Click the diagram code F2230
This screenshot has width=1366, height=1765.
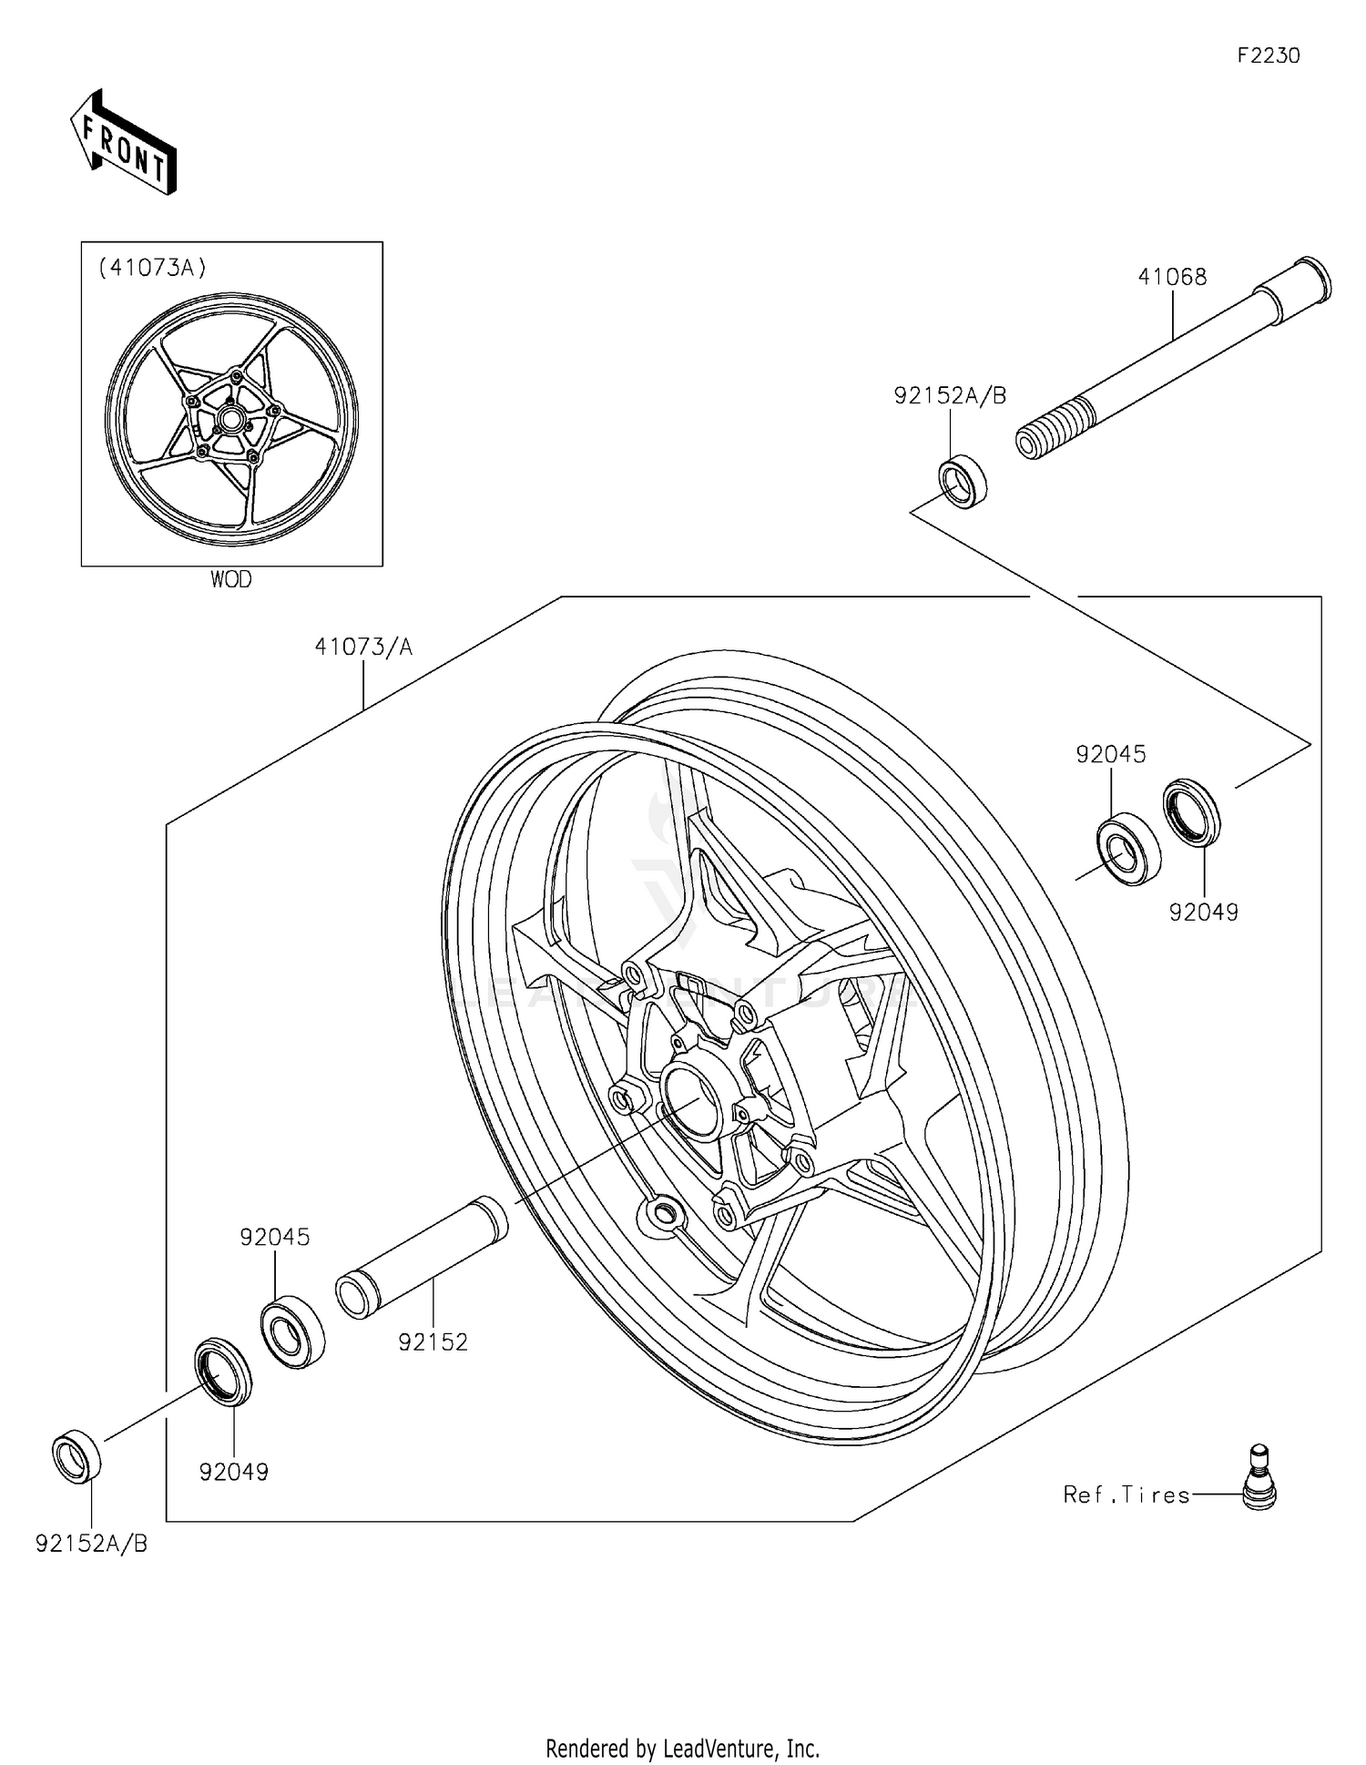1268,56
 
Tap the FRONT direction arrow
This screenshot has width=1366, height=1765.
123,144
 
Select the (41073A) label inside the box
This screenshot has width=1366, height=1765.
153,268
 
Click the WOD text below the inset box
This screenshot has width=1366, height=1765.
231,580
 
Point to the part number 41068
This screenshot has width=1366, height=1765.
1172,277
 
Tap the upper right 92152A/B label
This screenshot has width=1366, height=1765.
950,395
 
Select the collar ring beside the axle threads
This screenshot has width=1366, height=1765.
963,484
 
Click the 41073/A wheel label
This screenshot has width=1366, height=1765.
363,647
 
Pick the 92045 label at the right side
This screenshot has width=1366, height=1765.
1110,754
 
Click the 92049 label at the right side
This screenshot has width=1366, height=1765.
1204,912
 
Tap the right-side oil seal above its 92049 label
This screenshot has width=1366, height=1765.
1192,811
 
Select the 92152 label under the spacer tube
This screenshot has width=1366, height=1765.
433,1342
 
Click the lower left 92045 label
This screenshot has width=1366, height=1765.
275,1237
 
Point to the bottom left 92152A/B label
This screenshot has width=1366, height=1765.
91,1544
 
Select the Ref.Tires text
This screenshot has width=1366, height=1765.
1126,1495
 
